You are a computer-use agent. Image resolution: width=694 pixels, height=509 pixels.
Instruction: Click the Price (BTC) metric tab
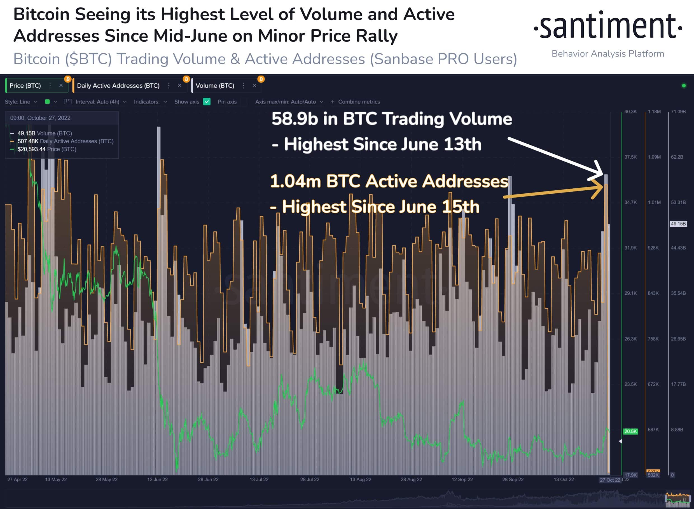25,86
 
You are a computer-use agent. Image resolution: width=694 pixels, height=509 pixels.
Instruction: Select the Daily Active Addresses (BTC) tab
118,86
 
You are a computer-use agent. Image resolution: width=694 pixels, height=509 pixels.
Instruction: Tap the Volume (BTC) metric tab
215,86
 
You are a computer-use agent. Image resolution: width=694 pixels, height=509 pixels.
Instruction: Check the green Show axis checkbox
207,102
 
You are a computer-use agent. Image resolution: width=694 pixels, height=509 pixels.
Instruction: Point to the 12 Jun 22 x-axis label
158,479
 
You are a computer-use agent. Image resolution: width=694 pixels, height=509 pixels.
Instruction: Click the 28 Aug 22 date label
411,479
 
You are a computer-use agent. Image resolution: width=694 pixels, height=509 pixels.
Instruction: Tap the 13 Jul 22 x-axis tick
259,479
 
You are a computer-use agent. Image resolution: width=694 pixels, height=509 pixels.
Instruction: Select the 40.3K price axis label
630,112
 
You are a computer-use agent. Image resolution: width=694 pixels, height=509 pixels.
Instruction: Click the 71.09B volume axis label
678,112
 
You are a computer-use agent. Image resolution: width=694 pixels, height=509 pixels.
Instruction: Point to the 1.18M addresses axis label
654,112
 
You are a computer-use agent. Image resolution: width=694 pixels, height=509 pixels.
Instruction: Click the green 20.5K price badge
630,431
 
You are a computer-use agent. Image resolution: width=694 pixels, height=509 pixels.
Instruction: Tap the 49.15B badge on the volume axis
678,224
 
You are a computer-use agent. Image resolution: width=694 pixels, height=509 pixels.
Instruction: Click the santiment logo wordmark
608,26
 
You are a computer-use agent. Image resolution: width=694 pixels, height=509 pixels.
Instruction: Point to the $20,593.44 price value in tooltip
31,149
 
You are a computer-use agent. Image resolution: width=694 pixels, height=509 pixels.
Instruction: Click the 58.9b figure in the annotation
294,119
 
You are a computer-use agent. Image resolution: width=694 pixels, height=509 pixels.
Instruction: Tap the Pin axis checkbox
244,102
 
